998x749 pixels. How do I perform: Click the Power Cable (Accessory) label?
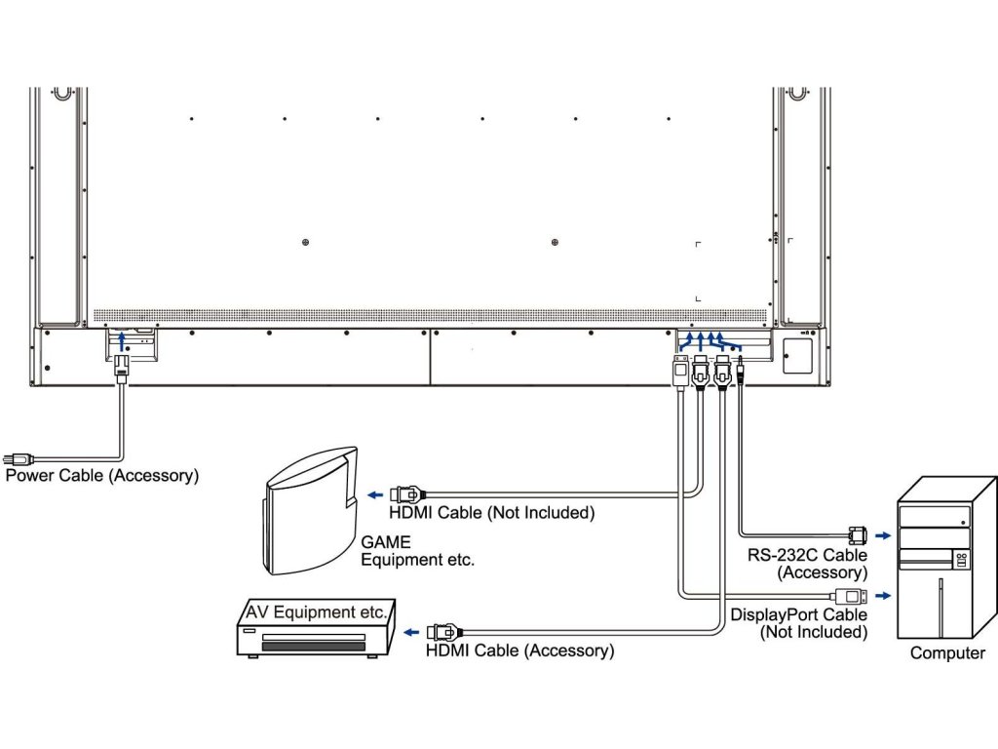pos(101,476)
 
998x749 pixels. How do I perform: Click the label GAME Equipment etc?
pos(417,551)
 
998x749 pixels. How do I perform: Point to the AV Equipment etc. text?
pos(315,612)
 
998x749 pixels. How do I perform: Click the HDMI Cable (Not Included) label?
pos(491,513)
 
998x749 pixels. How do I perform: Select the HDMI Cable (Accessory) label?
pos(519,650)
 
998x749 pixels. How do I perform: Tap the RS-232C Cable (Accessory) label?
pos(808,564)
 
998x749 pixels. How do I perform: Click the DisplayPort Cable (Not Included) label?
pos(798,623)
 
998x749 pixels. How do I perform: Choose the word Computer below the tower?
pos(947,653)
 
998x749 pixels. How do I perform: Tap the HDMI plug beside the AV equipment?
pos(443,631)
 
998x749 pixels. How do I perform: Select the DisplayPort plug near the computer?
pos(848,595)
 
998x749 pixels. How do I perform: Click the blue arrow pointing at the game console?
pos(374,494)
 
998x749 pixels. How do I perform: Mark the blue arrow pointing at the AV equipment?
pos(412,631)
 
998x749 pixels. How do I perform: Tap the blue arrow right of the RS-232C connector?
pos(882,534)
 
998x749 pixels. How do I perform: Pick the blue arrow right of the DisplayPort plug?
pos(882,595)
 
